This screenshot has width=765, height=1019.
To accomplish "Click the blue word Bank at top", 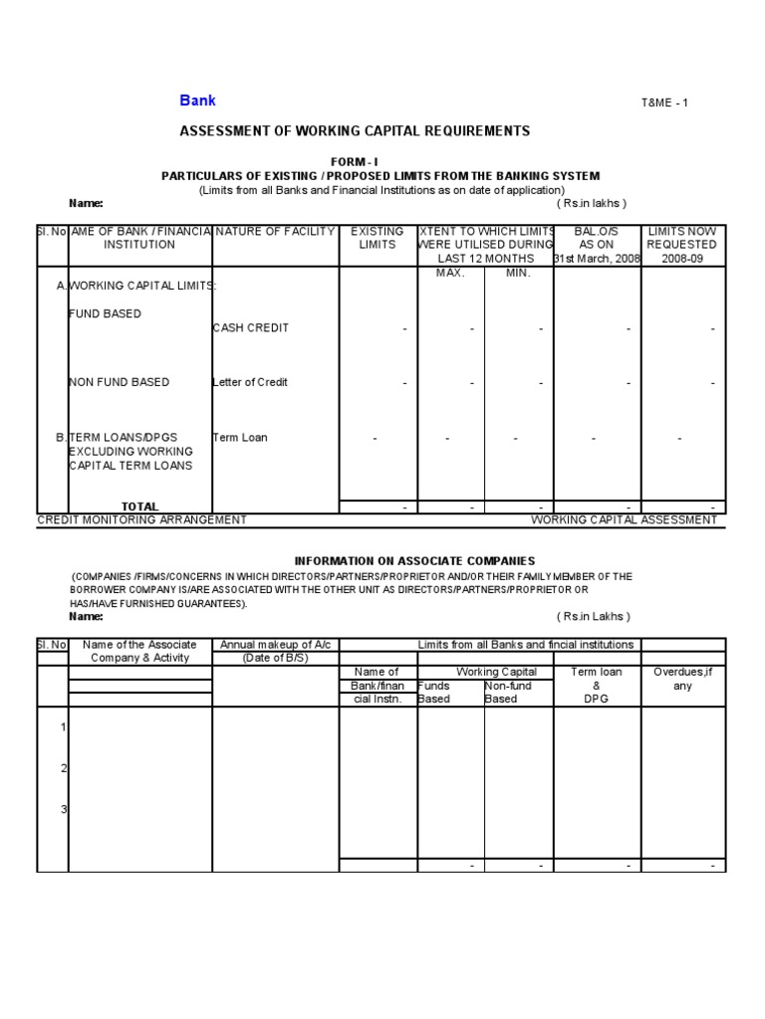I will pyautogui.click(x=197, y=101).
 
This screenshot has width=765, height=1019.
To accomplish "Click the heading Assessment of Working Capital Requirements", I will pyautogui.click(x=354, y=131).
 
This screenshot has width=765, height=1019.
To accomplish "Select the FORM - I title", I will pyautogui.click(x=355, y=161).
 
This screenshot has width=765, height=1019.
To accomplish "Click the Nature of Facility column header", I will pyautogui.click(x=274, y=232).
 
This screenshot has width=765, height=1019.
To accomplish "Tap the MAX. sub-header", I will pyautogui.click(x=450, y=273).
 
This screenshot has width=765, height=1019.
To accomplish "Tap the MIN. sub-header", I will pyautogui.click(x=518, y=273).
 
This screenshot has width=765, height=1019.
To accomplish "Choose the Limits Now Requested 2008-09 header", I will pyautogui.click(x=681, y=244).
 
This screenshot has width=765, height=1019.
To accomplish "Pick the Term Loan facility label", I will pyautogui.click(x=239, y=437).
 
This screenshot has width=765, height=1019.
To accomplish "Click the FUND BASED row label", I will pyautogui.click(x=105, y=313).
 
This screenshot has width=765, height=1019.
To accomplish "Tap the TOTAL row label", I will pyautogui.click(x=139, y=507).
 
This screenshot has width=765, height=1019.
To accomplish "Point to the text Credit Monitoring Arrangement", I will pyautogui.click(x=141, y=519).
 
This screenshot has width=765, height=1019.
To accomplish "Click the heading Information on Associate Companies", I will pyautogui.click(x=414, y=561).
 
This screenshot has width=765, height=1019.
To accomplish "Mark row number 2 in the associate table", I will pyautogui.click(x=63, y=768).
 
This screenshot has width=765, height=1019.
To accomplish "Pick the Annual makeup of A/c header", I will pyautogui.click(x=275, y=645).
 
